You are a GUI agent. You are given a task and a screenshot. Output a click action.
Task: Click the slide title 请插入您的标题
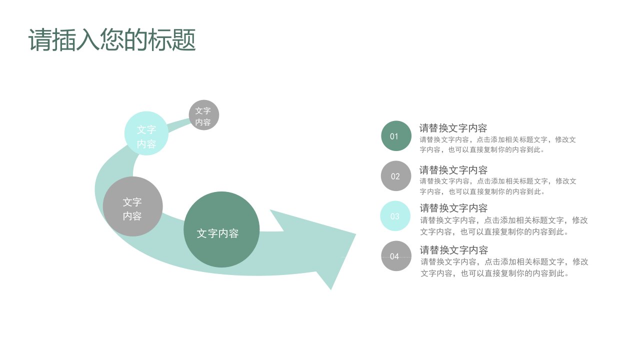coord(112,39)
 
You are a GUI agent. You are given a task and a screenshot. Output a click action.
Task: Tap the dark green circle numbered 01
coord(396,135)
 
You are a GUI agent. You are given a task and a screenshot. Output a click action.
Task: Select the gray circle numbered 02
coord(396,175)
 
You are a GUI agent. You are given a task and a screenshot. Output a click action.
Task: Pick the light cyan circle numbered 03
coord(395,215)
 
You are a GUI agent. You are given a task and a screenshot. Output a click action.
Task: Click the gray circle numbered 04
coord(396,255)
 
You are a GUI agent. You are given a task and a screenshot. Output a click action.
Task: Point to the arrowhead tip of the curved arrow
coord(355,234)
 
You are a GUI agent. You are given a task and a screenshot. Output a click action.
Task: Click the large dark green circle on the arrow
coord(221,229)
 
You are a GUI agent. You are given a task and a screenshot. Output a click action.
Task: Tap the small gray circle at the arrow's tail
coord(203,115)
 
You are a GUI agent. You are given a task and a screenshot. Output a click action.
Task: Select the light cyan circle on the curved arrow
coord(146,133)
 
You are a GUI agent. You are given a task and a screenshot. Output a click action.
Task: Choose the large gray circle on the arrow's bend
coord(132,206)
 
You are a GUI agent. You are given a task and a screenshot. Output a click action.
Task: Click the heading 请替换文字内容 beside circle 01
coord(453,128)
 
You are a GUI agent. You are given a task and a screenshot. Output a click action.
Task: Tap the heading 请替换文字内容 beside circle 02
coord(453,170)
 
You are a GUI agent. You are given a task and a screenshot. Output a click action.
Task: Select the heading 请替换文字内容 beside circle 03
coord(453,208)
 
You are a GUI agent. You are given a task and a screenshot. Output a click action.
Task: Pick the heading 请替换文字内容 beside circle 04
coord(453,250)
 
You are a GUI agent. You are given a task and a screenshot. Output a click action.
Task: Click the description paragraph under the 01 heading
coord(497,144)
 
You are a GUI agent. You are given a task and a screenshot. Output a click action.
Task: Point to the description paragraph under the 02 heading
coord(497,186)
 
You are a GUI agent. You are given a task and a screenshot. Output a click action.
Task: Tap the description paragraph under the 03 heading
coord(503,226)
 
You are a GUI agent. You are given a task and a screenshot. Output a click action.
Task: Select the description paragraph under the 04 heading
coord(504,267)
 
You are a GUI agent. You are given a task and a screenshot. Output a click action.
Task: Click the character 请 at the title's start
coord(40,39)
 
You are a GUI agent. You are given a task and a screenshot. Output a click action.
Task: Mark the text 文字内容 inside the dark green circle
coord(217,233)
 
